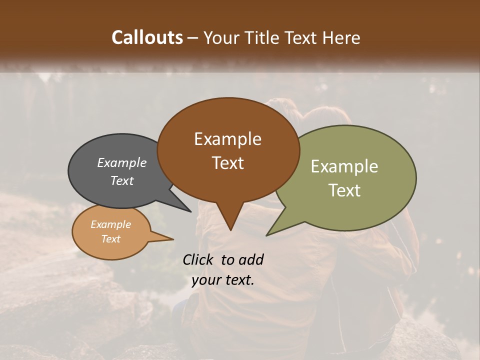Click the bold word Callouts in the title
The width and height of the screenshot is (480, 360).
pyautogui.click(x=147, y=37)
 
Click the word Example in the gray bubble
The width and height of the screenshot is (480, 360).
pyautogui.click(x=122, y=162)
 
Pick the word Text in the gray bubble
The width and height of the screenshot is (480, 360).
pyautogui.click(x=122, y=180)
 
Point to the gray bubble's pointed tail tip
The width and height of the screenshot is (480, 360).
pyautogui.click(x=190, y=211)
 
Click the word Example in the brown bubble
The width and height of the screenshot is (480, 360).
pyautogui.click(x=227, y=139)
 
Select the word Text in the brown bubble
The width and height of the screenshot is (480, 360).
pyautogui.click(x=227, y=163)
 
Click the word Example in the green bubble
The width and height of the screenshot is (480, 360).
pyautogui.click(x=344, y=166)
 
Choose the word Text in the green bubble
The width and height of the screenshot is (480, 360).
pyautogui.click(x=344, y=190)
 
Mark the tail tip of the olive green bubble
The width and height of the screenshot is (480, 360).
pyautogui.click(x=267, y=235)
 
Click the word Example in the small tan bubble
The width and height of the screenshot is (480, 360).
pyautogui.click(x=110, y=224)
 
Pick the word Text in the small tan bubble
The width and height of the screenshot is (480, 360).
pyautogui.click(x=110, y=239)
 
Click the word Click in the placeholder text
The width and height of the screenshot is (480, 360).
pyautogui.click(x=199, y=259)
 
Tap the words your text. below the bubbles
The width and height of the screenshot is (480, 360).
pyautogui.click(x=223, y=280)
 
